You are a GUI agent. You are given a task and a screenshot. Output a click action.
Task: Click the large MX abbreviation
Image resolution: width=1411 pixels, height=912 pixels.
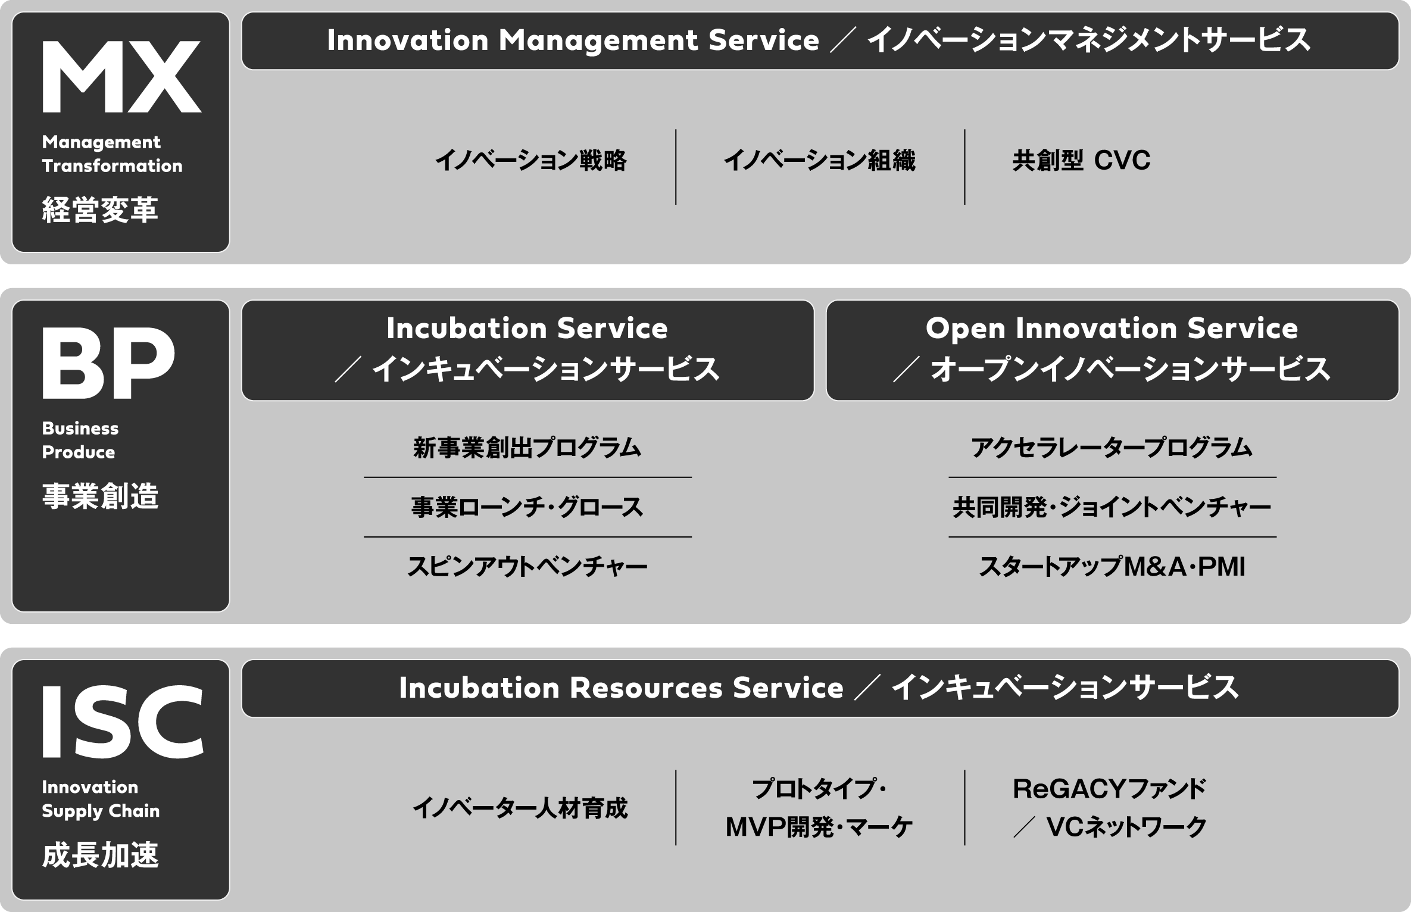point(121,76)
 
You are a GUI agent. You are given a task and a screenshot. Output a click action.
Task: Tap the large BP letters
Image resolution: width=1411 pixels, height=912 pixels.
point(108,363)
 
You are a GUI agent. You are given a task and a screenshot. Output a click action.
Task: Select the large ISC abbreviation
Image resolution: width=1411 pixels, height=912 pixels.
point(123,722)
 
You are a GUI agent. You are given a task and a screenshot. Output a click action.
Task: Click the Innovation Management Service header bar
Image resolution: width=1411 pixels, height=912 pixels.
point(820,41)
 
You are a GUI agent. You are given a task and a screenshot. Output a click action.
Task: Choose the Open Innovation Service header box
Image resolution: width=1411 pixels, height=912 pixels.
point(1112,350)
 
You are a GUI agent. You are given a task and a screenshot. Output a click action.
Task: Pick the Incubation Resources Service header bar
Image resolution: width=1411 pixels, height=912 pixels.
point(820,688)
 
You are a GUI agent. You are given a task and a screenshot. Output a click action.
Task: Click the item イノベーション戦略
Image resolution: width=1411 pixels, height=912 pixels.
point(530,161)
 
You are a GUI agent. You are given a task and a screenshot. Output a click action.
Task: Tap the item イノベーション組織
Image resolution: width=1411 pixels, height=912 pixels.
point(819,161)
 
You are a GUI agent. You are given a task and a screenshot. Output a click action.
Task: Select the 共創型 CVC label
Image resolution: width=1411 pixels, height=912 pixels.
point(1081,161)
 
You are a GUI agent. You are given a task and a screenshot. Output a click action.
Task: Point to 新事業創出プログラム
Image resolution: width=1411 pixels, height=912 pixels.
point(527,448)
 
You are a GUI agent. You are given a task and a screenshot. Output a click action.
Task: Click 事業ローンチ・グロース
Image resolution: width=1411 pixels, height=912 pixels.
point(527,507)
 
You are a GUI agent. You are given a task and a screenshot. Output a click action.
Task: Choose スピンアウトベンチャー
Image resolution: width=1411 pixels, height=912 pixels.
point(527,567)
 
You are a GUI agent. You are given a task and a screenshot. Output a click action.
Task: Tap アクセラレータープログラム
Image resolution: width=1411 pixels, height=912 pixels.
point(1112,448)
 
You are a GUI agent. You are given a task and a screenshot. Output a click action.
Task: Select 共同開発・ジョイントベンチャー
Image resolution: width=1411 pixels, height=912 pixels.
point(1112,507)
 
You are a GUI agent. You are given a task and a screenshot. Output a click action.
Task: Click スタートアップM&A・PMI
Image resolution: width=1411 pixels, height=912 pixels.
point(1112,567)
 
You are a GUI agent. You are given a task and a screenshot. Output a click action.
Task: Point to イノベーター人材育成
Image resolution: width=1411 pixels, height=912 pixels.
point(520,808)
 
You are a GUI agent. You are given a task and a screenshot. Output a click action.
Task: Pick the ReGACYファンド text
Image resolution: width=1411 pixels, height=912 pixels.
point(1109,789)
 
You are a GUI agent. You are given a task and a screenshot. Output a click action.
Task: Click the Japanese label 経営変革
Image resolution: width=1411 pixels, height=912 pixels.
point(100,210)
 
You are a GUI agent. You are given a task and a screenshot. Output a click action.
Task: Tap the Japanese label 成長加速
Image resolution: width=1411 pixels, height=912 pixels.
point(100,855)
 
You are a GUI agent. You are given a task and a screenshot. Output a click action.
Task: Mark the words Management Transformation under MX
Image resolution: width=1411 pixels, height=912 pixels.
point(112,154)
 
